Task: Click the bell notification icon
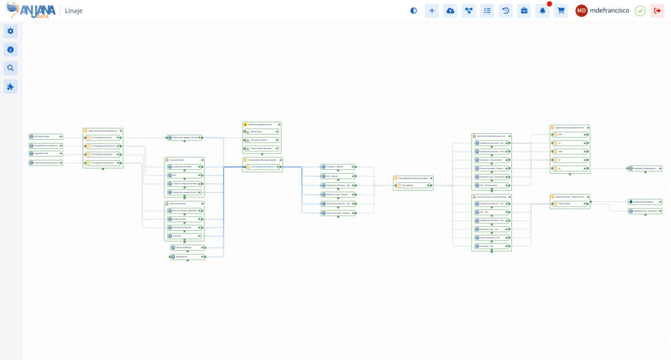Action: [543, 10]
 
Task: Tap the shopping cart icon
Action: [561, 10]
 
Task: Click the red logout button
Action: [657, 10]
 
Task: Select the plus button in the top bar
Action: [432, 10]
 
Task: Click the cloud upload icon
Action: [450, 10]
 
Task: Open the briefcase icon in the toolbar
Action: [524, 10]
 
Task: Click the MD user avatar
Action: [582, 10]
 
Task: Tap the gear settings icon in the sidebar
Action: [10, 31]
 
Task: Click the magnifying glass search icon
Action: [10, 68]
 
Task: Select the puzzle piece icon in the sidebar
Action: [10, 87]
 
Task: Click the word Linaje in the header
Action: [73, 10]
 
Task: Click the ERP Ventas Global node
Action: [45, 136]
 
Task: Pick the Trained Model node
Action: [569, 204]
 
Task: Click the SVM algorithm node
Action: [569, 134]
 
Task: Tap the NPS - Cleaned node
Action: [338, 176]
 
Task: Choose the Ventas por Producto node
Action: [262, 140]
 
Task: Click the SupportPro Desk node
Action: [45, 153]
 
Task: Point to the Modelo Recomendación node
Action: [645, 202]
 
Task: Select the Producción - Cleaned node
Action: [338, 167]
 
